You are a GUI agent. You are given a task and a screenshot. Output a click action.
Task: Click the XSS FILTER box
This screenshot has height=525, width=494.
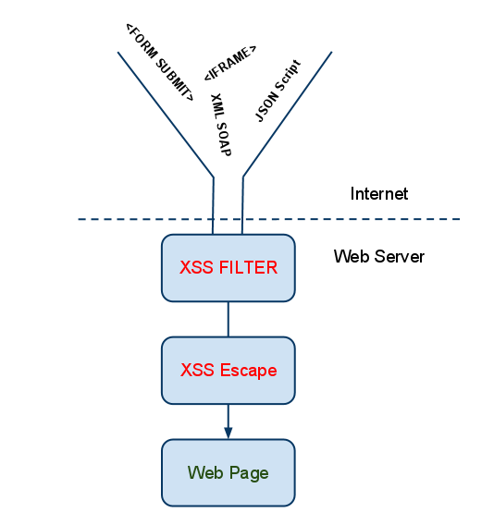(x=228, y=268)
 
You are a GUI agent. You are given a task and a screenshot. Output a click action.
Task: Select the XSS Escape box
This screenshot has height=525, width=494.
(x=228, y=371)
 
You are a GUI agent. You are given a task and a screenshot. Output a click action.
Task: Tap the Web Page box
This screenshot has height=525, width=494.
(x=228, y=472)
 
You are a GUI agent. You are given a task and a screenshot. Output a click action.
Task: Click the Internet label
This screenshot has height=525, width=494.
(x=379, y=194)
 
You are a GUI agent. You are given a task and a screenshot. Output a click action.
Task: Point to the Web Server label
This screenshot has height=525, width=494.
(x=379, y=256)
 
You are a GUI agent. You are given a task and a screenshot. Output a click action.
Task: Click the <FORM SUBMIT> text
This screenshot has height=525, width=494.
(x=160, y=62)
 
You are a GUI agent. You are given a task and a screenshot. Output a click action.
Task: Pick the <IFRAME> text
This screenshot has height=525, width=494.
(x=230, y=63)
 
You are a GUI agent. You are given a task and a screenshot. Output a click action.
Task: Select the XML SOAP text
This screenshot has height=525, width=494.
(x=221, y=125)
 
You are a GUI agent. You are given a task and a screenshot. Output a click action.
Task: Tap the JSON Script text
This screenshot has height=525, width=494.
(x=278, y=91)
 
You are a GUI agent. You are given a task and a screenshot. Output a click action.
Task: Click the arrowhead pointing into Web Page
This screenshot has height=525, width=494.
(x=228, y=433)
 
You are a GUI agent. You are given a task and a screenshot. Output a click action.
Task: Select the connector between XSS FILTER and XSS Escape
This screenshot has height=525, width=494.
(x=228, y=320)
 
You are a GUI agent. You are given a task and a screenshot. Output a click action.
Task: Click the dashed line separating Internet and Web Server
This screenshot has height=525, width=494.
(x=269, y=219)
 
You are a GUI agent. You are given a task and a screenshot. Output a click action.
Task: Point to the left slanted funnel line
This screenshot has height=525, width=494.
(x=166, y=115)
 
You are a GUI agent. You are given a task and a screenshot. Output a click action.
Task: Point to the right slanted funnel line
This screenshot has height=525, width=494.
(x=287, y=115)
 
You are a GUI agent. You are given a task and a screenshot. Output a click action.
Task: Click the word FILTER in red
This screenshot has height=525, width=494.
(x=248, y=267)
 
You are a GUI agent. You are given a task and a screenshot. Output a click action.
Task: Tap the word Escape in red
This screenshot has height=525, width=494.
(x=248, y=371)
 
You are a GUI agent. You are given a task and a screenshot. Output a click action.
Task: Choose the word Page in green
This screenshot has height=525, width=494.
(x=249, y=474)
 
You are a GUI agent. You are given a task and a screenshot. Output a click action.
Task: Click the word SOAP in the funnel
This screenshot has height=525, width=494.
(x=224, y=139)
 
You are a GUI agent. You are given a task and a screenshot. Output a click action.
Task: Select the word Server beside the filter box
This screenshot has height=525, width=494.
(x=400, y=256)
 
